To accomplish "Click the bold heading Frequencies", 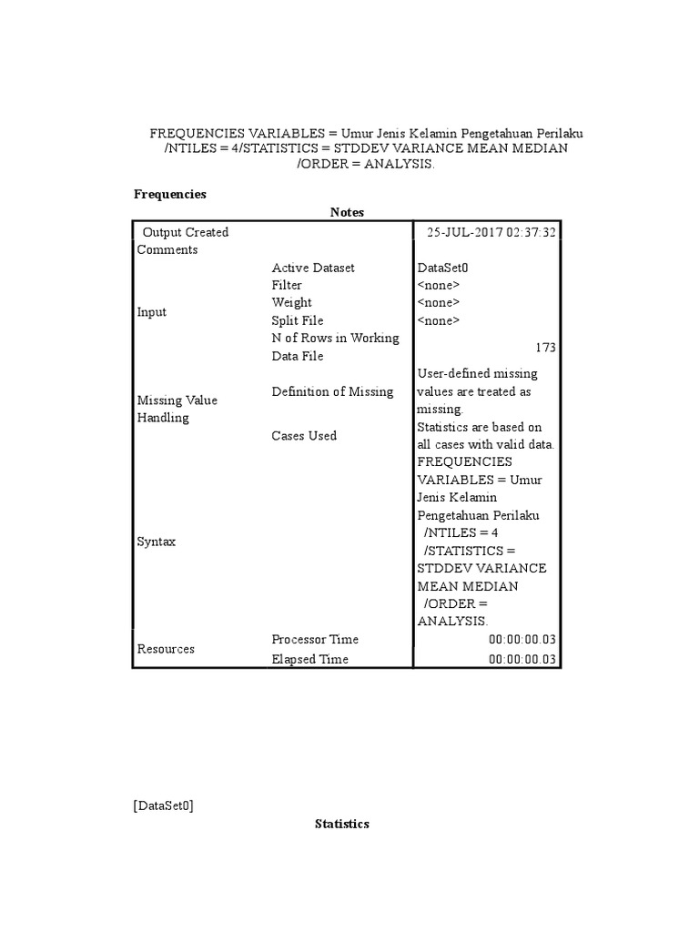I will point(170,194).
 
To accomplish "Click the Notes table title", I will point(347,212).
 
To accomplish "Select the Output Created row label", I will point(186,232).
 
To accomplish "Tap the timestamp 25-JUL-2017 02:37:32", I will point(491,232).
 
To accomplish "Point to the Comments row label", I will point(167,249).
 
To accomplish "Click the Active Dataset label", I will point(313,268).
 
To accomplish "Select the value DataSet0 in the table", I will point(442,268).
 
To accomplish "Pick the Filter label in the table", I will point(287,285).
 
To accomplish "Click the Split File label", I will point(298,320).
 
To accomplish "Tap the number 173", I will point(545,348).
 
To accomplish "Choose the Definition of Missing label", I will point(332,391).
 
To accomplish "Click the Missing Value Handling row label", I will point(177,409).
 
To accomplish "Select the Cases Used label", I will point(304,435).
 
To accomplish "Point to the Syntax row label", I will point(156,542).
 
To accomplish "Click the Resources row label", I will point(166,649).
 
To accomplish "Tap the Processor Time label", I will point(315,639).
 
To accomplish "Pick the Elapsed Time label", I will point(309,659).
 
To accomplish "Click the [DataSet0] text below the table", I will point(163,805).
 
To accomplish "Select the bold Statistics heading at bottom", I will point(342,824).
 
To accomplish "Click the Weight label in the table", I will point(291,302).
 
